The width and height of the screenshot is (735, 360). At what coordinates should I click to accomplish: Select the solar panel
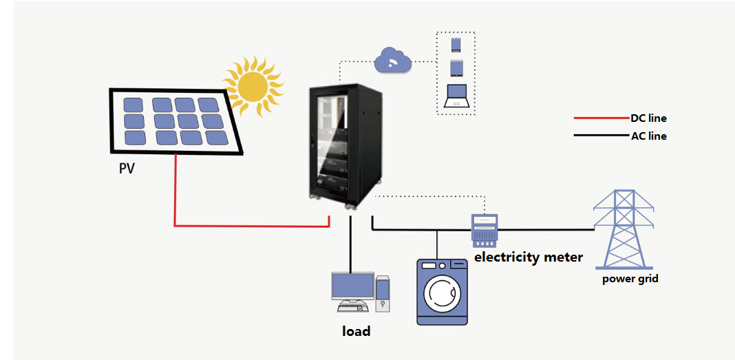(176, 120)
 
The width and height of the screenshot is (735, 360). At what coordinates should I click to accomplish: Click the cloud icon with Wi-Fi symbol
(392, 62)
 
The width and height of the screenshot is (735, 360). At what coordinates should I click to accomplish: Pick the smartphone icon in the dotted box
(456, 45)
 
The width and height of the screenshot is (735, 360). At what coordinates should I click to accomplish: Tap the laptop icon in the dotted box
(456, 95)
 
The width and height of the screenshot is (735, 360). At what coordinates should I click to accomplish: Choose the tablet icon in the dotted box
(456, 68)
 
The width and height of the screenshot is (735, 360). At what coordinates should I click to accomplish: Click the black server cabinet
(343, 145)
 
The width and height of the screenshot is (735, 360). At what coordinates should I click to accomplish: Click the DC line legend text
(648, 118)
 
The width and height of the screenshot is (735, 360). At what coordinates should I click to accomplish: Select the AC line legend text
(648, 136)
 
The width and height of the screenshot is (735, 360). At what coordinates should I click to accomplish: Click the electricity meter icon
(484, 230)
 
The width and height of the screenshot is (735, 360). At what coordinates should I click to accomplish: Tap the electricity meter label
(529, 257)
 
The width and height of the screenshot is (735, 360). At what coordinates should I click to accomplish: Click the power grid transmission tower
(624, 229)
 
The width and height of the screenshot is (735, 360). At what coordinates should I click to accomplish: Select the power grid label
(630, 279)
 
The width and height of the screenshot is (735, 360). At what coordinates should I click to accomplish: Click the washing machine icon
(443, 290)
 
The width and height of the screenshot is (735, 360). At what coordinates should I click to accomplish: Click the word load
(356, 331)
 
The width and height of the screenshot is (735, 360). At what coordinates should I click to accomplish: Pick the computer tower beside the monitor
(383, 292)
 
